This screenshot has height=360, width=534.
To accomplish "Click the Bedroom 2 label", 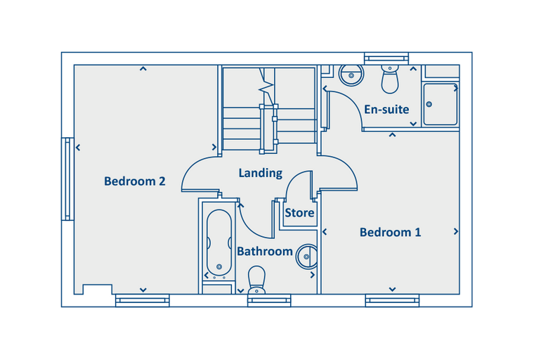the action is [x=134, y=181].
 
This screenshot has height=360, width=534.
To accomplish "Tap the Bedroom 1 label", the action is [x=390, y=232].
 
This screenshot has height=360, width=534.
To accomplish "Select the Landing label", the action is [x=261, y=173].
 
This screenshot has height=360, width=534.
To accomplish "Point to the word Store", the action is [x=299, y=213].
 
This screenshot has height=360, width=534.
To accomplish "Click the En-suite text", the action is [x=386, y=110].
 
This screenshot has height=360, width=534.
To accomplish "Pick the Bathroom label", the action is [x=265, y=251].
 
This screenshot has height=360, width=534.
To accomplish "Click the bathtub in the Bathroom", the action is [x=219, y=243].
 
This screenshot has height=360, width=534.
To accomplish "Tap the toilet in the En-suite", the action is [x=390, y=79].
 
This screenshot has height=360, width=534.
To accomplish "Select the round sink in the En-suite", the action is [x=351, y=75].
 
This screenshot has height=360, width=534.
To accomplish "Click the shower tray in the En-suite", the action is [x=441, y=104].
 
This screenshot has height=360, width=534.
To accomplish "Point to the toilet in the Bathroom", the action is [x=256, y=280].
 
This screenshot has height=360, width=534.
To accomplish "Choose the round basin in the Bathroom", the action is [x=307, y=257].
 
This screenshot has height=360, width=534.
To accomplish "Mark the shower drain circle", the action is [x=429, y=104].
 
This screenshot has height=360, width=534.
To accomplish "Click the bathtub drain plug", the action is [x=219, y=266].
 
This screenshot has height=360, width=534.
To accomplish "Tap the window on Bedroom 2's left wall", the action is [x=67, y=179].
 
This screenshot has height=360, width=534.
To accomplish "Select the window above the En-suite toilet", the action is [x=386, y=58].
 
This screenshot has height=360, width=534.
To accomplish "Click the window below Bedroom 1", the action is [x=392, y=300].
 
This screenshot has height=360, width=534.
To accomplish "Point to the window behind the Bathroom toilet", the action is [x=269, y=300].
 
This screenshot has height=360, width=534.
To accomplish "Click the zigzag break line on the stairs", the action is [x=266, y=86].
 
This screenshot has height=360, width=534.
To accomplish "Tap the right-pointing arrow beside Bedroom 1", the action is [x=456, y=232].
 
